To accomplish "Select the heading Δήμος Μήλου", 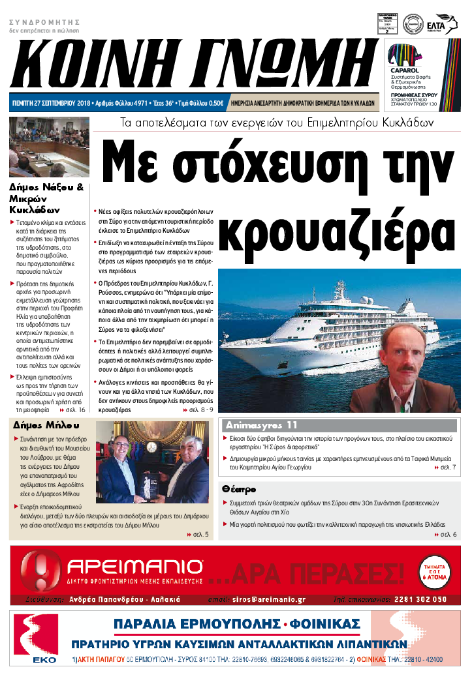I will [40, 425].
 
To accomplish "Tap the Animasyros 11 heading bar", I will [261, 425].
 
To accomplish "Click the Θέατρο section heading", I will [238, 488].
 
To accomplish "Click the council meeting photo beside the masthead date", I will [40, 147].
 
